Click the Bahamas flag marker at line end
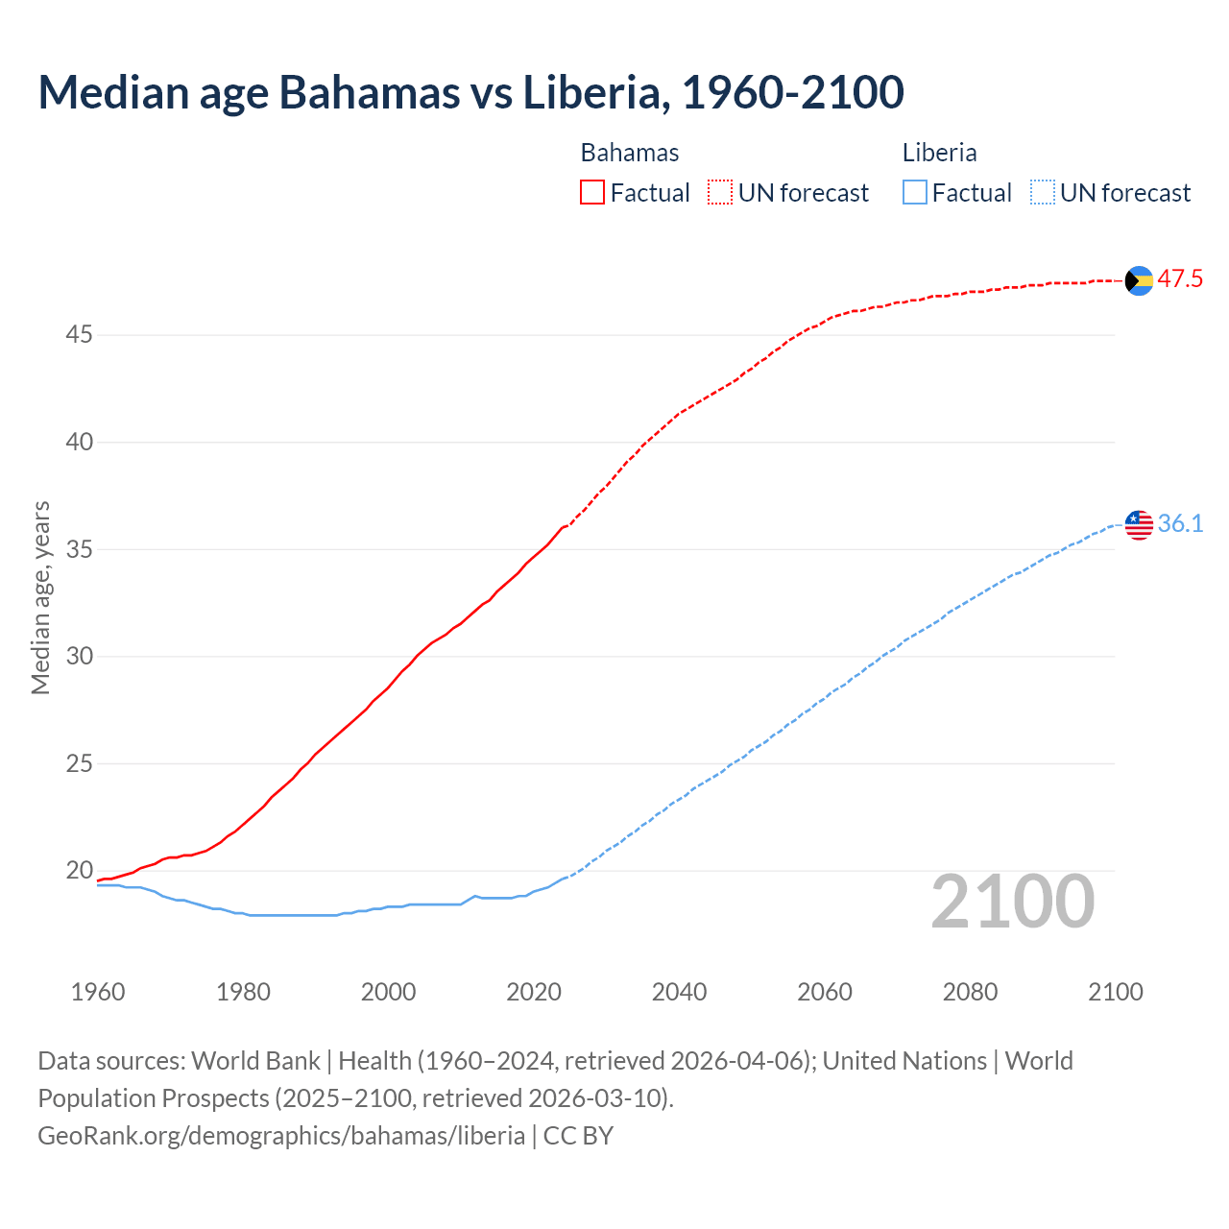tap(1139, 280)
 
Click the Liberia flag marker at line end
tap(1139, 524)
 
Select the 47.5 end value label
tap(1180, 279)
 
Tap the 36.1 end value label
tap(1180, 524)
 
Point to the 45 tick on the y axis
tap(79, 335)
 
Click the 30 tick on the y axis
tap(79, 657)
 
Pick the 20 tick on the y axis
tap(79, 871)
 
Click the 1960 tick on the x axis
tap(98, 992)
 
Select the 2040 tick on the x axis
tap(679, 992)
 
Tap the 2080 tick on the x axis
tap(970, 992)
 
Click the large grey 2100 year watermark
tap(1012, 902)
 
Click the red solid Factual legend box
tap(592, 193)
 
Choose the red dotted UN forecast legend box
tap(720, 193)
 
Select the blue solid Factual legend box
tap(915, 193)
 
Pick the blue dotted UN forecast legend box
tap(1042, 193)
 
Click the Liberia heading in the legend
tap(939, 153)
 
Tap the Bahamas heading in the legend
tap(630, 153)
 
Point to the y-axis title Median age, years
tap(40, 597)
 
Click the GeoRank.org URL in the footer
tap(281, 1135)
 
